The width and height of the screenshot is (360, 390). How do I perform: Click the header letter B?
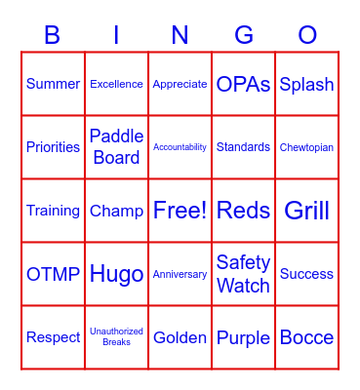[53, 36]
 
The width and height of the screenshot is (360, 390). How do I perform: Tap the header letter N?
[180, 36]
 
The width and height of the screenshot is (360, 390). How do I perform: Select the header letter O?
[307, 36]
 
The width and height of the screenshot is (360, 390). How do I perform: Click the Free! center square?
[180, 211]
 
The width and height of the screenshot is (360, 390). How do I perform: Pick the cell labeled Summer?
[53, 84]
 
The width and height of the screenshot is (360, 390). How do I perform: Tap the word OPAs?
[243, 84]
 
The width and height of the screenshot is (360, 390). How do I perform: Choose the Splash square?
[306, 84]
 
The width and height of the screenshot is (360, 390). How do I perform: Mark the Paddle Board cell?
[116, 147]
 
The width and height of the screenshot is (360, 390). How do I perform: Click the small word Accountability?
[180, 147]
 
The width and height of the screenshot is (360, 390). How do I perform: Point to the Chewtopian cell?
[306, 147]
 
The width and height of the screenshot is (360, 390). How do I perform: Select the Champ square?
[116, 211]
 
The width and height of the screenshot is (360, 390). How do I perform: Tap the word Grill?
[306, 211]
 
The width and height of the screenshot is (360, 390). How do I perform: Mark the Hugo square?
[116, 274]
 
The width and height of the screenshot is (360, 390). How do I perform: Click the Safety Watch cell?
[243, 274]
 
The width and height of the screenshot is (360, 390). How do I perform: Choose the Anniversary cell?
[180, 274]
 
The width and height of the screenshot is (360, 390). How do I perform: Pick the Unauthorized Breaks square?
[116, 337]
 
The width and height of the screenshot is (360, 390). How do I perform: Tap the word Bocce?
[306, 337]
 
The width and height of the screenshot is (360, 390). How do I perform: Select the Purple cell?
[243, 337]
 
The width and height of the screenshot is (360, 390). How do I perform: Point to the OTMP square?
[53, 274]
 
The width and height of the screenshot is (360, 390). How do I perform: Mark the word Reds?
[243, 211]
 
